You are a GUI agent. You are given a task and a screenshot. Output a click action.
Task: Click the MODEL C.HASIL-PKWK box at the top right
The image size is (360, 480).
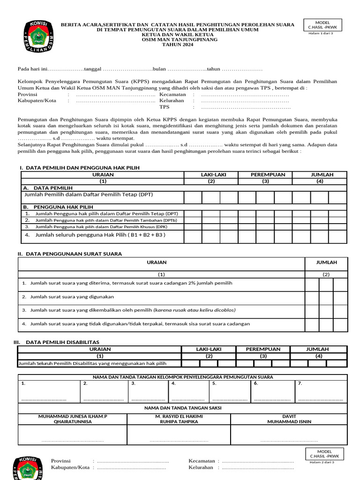point(322,25)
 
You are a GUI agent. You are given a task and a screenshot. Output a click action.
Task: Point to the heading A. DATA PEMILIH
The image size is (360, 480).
point(47,187)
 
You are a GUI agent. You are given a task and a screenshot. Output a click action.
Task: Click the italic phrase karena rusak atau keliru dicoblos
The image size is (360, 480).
point(195,310)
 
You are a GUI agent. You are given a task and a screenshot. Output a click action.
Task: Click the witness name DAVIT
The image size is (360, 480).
point(289,416)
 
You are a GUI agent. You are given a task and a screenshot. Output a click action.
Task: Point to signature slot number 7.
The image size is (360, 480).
point(300,383)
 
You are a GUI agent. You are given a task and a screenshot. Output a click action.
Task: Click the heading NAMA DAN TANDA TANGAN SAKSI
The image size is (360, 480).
point(182,408)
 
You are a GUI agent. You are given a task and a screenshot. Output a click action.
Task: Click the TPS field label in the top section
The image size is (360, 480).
point(164,107)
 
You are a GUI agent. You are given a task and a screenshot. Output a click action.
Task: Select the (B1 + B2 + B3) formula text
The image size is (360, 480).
point(142,235)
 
